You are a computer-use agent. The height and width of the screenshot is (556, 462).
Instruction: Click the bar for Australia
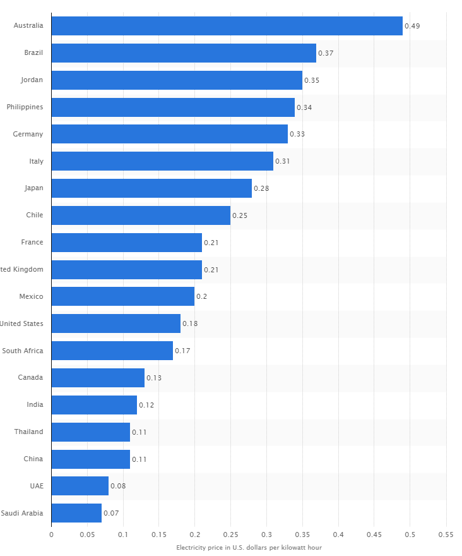227,26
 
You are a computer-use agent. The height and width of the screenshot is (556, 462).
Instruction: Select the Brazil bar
184,53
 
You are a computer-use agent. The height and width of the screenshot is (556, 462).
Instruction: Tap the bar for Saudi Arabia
76,512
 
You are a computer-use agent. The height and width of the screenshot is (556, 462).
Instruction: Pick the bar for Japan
151,188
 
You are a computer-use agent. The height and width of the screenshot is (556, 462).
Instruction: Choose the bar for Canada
98,377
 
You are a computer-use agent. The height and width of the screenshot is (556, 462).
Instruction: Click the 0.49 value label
412,26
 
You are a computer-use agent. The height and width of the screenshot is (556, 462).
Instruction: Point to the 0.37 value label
326,53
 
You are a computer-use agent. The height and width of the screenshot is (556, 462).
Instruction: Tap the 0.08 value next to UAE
118,486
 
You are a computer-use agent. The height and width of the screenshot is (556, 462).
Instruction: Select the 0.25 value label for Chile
240,215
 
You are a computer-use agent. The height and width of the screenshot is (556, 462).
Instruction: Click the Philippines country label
25,107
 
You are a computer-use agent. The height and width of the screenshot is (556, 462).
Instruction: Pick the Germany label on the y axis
28,134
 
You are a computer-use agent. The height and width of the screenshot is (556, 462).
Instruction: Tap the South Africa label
23,351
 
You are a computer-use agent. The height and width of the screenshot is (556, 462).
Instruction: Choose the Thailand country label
29,432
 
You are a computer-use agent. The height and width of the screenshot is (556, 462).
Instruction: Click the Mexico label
31,296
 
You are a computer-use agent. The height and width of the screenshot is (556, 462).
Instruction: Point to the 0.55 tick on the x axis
446,534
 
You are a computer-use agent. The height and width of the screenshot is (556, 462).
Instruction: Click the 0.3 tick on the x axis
266,534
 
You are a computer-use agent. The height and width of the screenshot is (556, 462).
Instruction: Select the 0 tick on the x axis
52,534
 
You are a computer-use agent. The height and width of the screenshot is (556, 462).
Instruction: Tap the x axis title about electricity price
249,547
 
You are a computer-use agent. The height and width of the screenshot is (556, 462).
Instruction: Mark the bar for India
94,404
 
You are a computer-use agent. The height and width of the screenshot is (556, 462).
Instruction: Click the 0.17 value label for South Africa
182,351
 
